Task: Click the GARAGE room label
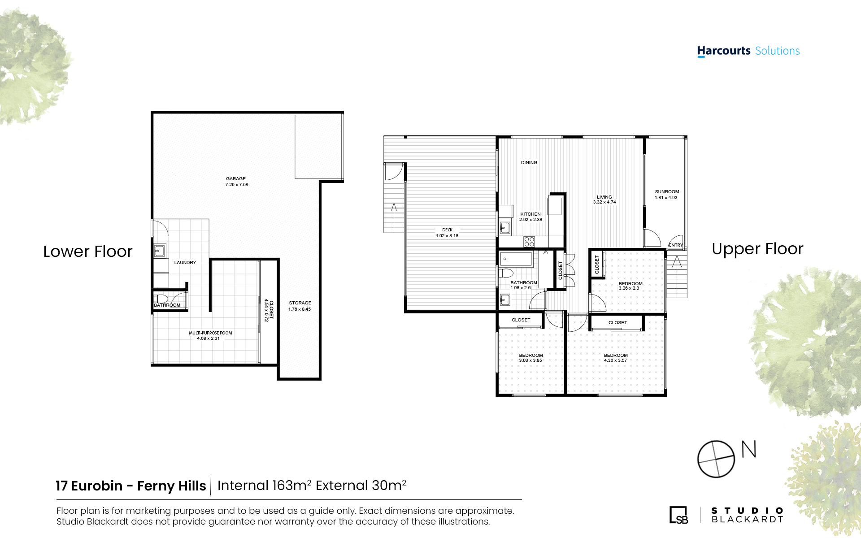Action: (x=236, y=178)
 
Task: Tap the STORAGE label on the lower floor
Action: (x=300, y=303)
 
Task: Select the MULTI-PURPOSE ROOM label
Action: (x=210, y=333)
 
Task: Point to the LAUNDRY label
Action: (x=185, y=263)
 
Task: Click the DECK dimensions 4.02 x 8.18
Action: (x=447, y=236)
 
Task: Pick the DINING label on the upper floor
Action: (x=529, y=163)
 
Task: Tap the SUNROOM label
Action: (x=667, y=192)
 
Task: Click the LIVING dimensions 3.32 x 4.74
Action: (x=604, y=202)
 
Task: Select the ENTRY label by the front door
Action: (x=676, y=245)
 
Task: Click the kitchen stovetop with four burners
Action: (x=529, y=242)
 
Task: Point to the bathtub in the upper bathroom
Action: (x=516, y=259)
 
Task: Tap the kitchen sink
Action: (x=505, y=228)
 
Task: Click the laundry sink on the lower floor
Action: (x=159, y=251)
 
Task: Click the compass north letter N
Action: (x=749, y=449)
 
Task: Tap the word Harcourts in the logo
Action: (x=724, y=51)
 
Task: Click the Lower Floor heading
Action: (x=88, y=252)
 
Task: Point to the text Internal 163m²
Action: (x=264, y=485)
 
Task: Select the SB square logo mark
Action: (x=678, y=515)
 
